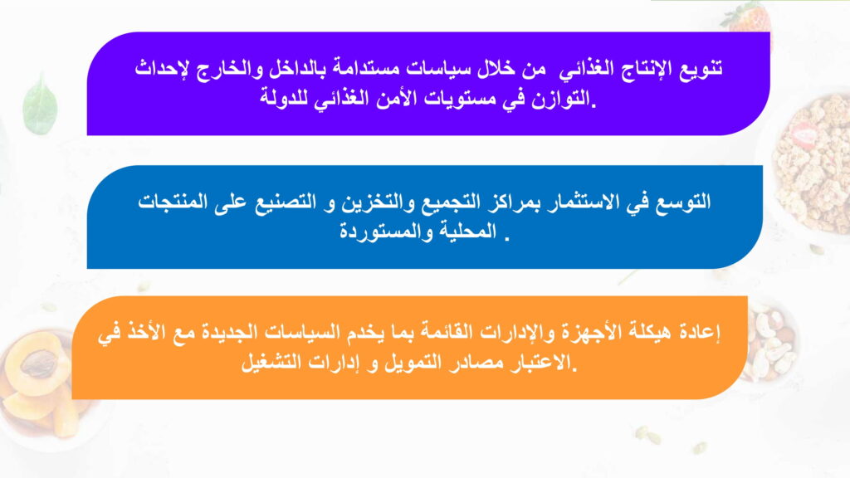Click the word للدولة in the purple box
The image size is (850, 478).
pyautogui.click(x=284, y=100)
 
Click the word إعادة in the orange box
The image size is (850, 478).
pyautogui.click(x=699, y=332)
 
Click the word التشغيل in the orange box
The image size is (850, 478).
pyautogui.click(x=270, y=362)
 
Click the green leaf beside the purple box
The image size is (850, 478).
pyautogui.click(x=40, y=104)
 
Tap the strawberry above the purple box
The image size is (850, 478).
pyautogui.click(x=746, y=17)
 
